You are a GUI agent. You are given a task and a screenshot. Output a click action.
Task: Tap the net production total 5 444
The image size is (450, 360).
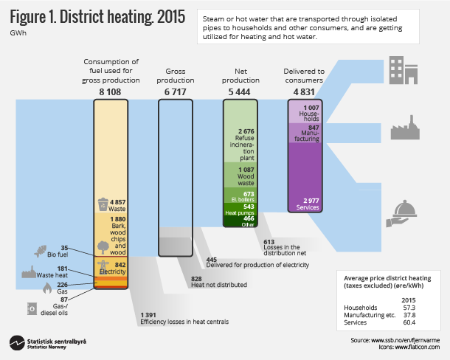tap(240, 91)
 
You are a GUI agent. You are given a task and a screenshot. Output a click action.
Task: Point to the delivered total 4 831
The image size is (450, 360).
tap(304, 91)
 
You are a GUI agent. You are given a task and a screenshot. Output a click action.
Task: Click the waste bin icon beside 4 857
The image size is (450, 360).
tap(103, 203)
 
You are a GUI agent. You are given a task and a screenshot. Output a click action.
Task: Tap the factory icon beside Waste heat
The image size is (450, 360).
tap(30, 272)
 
